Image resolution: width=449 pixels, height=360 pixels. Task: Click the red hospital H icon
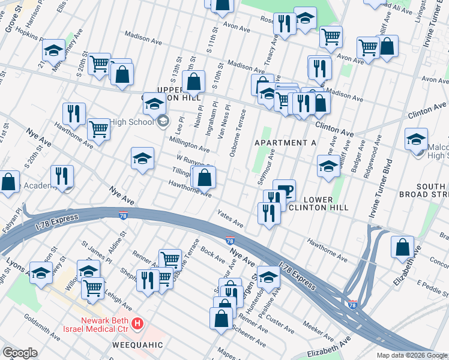pos(137,324)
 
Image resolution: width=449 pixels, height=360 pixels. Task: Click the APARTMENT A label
pos(285,142)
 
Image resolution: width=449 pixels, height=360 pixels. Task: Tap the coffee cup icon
pos(284,190)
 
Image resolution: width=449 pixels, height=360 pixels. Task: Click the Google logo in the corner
pos(20,353)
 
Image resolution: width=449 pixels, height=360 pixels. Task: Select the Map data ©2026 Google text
pos(412,355)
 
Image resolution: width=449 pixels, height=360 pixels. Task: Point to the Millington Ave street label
pos(189,143)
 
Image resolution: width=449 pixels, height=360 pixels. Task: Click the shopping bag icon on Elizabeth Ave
pos(402,247)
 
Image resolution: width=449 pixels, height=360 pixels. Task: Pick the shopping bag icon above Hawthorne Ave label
pos(203,178)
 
